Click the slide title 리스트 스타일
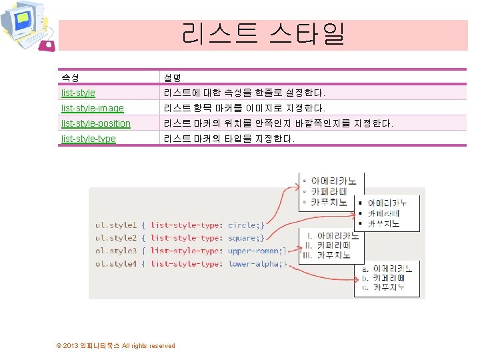tap(263, 34)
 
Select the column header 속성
tap(70, 78)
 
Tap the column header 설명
tap(173, 78)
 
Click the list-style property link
tap(78, 93)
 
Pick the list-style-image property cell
tap(92, 108)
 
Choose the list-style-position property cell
tap(95, 123)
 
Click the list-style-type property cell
tap(88, 139)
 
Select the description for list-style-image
tap(244, 108)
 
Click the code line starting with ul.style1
tap(180, 225)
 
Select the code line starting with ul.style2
tap(180, 238)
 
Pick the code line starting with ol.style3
tap(191, 251)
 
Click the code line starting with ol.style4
tap(191, 264)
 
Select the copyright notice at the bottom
tap(116, 345)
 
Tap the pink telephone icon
tap(48, 45)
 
